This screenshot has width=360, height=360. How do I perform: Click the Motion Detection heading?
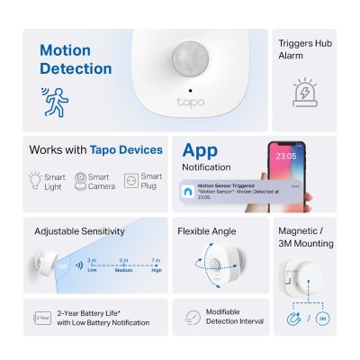pos(76,59)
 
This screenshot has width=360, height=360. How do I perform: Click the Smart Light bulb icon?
pos(34,180)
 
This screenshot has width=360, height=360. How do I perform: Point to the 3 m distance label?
pos(93,259)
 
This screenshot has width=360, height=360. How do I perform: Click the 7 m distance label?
pos(157,259)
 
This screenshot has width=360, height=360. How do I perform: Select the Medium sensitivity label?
pos(124,268)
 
